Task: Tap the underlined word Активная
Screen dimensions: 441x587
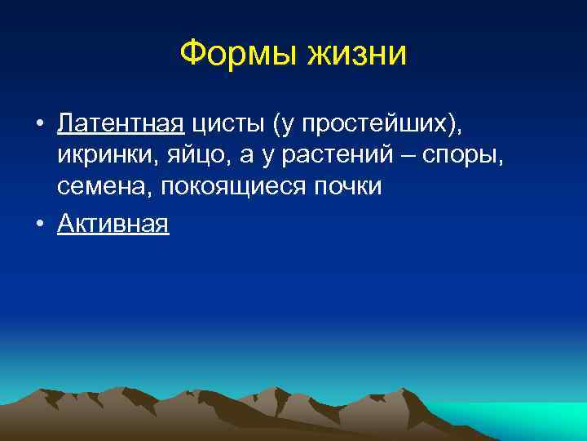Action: point(113,223)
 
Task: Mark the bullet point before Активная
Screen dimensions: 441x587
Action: point(39,224)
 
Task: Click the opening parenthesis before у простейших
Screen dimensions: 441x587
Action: point(277,124)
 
